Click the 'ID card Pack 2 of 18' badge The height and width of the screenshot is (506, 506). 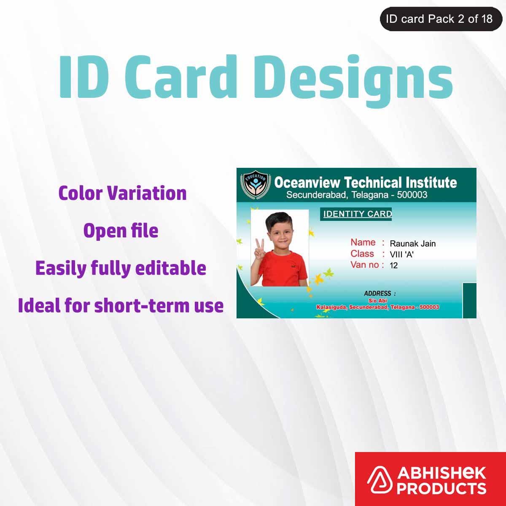coord(440,19)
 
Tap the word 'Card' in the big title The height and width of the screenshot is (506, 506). coord(180,77)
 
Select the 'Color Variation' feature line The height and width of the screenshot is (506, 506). coord(122,193)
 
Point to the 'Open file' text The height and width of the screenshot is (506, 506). coord(121,231)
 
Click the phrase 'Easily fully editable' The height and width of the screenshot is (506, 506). coord(121,268)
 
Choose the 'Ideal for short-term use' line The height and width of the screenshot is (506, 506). coord(121,306)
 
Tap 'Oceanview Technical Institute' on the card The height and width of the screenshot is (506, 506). coord(365,182)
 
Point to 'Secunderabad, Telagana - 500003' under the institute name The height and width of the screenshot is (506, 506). coord(357,195)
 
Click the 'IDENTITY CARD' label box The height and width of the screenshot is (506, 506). coord(357,214)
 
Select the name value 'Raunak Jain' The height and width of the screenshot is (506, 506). coord(412,243)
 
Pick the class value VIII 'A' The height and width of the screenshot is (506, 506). coord(401,254)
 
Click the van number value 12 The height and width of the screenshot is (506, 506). coord(393,265)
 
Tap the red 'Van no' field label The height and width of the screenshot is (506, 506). coord(365,265)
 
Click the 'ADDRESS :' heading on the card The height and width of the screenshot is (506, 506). coord(379,293)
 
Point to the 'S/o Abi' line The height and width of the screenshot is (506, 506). coord(377,301)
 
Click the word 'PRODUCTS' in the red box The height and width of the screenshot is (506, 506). coord(441,488)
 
